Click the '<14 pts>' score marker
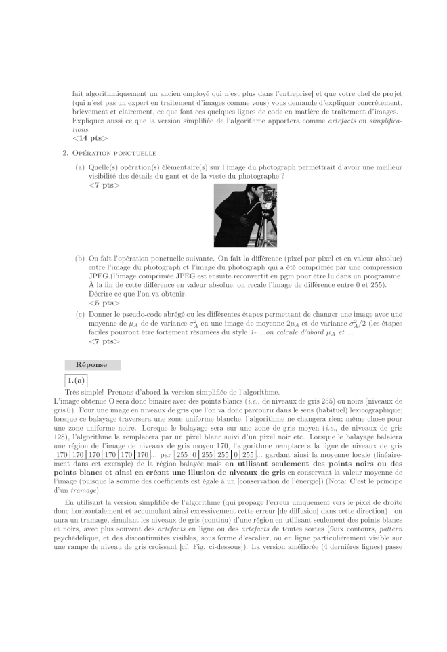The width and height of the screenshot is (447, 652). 89,138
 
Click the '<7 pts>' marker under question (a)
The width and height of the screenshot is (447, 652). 104,185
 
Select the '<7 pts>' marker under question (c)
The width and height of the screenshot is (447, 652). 104,341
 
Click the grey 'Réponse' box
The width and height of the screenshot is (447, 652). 92,365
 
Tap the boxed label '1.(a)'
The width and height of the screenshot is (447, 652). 76,381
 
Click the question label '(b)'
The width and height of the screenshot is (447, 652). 80,258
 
